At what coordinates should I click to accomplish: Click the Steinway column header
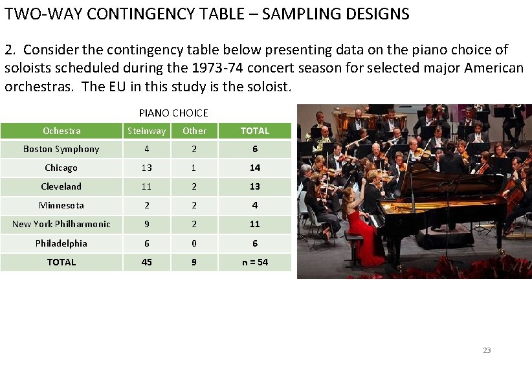(x=146, y=131)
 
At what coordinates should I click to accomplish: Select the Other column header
(x=194, y=131)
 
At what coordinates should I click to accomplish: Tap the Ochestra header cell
(x=61, y=131)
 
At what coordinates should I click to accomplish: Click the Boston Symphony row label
(x=61, y=150)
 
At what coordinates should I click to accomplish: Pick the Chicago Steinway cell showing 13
(x=146, y=168)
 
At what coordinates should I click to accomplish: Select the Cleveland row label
(x=61, y=186)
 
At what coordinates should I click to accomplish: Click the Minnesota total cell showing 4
(x=254, y=205)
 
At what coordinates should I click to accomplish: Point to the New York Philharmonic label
(x=61, y=224)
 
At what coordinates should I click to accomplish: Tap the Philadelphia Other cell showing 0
(x=194, y=243)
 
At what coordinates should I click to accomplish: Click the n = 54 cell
(x=254, y=262)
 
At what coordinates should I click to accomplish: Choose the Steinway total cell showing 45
(x=146, y=262)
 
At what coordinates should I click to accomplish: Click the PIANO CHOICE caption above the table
(x=173, y=113)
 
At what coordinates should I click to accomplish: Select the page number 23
(x=487, y=350)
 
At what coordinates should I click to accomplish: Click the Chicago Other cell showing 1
(x=194, y=168)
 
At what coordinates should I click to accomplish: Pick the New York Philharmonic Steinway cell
(x=146, y=224)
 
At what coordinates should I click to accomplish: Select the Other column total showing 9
(x=194, y=262)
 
